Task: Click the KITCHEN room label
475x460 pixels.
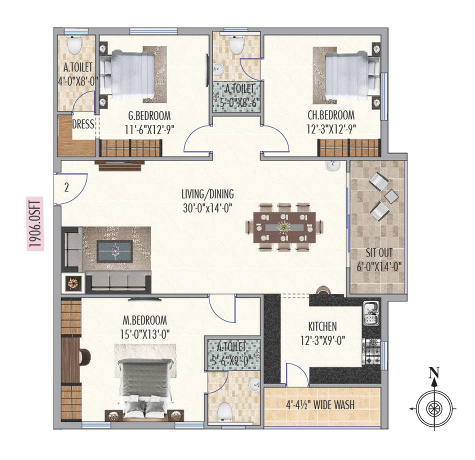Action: tap(322, 327)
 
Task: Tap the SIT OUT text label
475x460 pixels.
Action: tap(378, 252)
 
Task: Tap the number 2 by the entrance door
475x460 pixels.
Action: tap(66, 188)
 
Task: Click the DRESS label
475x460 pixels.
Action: tap(83, 124)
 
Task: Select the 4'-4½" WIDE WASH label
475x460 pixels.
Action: tap(320, 404)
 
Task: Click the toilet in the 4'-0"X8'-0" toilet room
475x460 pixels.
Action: tap(74, 46)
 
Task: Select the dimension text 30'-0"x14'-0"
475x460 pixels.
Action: tap(208, 206)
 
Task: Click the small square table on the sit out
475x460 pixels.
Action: tap(391, 195)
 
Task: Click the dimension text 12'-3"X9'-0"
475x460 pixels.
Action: tap(322, 341)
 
